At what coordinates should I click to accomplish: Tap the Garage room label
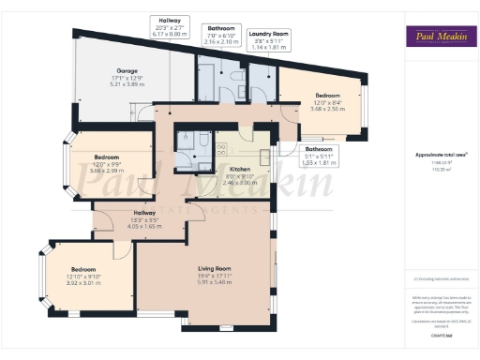(127, 72)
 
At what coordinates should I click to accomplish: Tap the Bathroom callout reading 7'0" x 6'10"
(222, 36)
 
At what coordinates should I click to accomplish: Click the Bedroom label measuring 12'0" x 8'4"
(327, 96)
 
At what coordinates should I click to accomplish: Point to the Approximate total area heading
(441, 154)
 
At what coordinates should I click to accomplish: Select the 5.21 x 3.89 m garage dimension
(127, 84)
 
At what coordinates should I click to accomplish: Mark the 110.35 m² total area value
(441, 169)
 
